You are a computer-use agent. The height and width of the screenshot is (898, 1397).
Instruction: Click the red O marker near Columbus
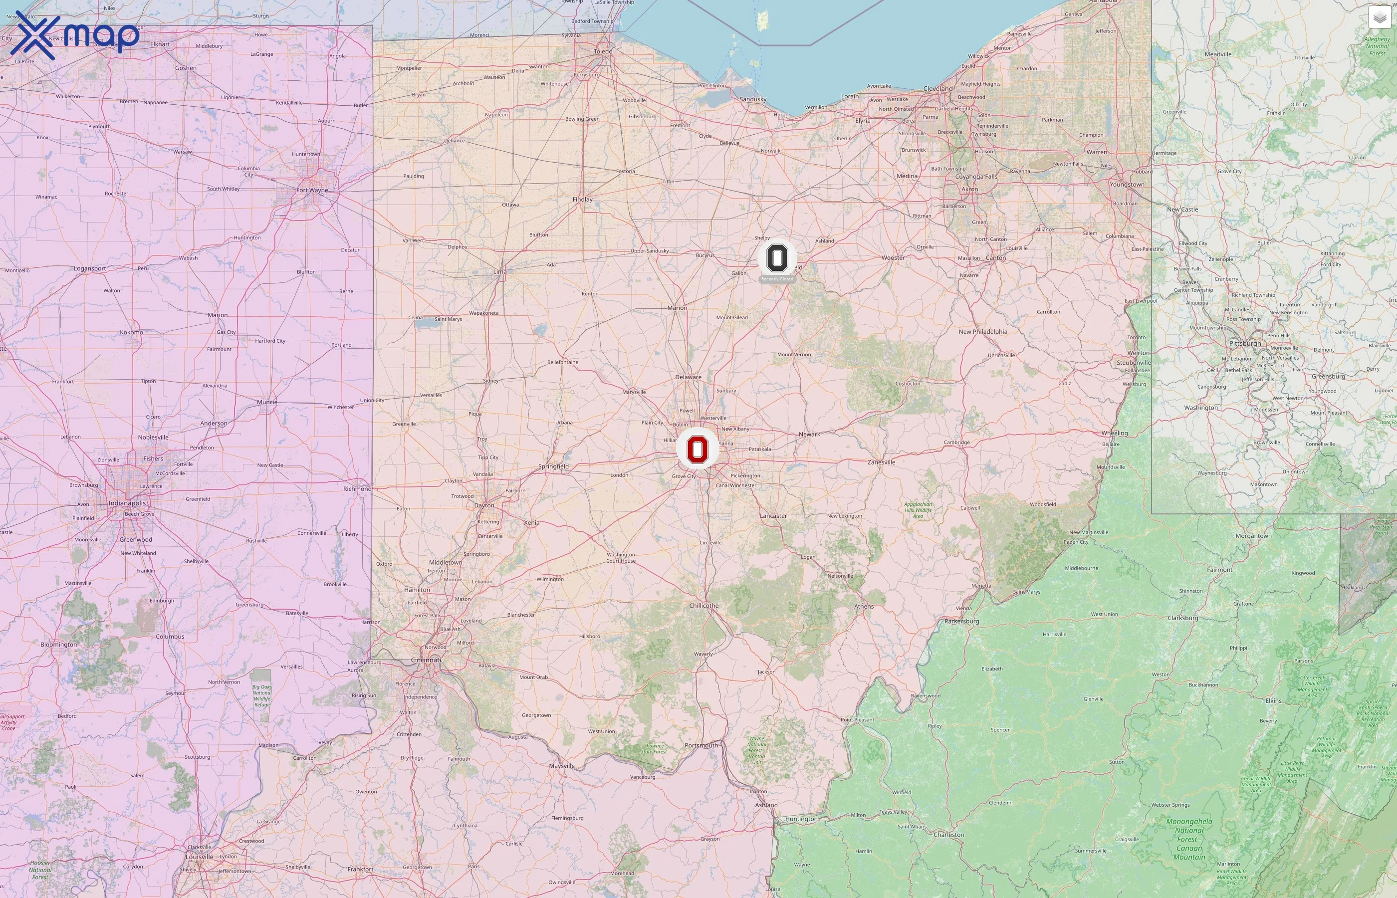point(698,449)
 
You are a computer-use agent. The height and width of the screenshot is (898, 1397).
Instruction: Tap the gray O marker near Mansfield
point(777,258)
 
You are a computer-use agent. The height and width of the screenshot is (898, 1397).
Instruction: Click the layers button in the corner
point(1379,17)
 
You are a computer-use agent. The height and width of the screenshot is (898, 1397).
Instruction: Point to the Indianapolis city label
point(127,503)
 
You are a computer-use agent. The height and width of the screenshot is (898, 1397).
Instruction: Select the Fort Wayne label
point(312,190)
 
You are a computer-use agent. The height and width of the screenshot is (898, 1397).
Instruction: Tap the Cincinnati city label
point(426,660)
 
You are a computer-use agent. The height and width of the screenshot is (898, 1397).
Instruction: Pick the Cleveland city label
point(937,89)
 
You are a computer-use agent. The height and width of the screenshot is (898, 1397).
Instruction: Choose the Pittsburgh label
point(1244,343)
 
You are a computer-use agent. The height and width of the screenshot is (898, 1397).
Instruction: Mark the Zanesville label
point(881,462)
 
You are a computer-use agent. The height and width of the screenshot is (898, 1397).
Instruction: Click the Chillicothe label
point(704,605)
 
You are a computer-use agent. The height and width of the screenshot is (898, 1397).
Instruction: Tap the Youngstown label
point(1127,184)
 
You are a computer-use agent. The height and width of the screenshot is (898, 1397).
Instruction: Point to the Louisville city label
point(200,857)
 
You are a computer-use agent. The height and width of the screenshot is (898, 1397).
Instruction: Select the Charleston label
point(948,835)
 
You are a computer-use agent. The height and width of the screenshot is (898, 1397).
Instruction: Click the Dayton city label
point(484,505)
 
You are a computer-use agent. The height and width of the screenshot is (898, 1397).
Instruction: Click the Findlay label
point(582,200)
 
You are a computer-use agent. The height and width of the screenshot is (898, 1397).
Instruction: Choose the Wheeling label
point(1114,433)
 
